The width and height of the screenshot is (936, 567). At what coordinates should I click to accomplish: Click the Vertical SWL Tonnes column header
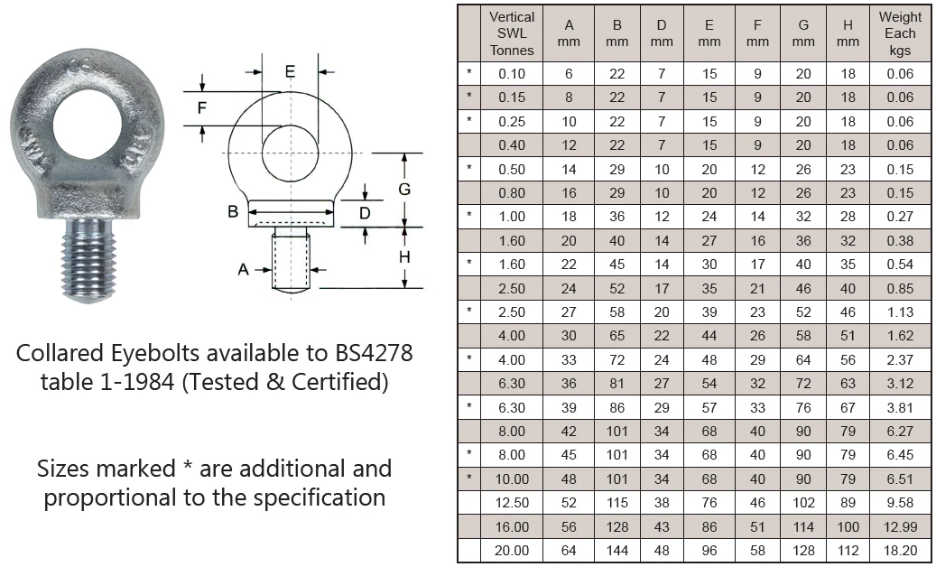pyautogui.click(x=512, y=33)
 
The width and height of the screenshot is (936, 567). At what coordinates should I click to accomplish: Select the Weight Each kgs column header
pyautogui.click(x=900, y=33)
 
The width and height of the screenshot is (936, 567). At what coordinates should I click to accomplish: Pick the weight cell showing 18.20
pyautogui.click(x=900, y=551)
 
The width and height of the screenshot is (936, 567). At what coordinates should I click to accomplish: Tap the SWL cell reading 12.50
pyautogui.click(x=512, y=503)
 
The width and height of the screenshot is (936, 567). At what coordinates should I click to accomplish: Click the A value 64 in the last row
pyautogui.click(x=569, y=551)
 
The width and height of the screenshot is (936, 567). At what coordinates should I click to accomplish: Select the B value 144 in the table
pyautogui.click(x=616, y=551)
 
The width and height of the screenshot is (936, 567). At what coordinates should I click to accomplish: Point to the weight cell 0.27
pyautogui.click(x=900, y=217)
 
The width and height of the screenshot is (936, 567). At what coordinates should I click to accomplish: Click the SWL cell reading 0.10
pyautogui.click(x=512, y=74)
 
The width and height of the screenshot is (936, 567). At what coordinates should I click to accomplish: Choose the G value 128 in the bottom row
pyautogui.click(x=803, y=551)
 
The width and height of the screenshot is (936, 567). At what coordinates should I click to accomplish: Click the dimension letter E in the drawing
pyautogui.click(x=290, y=71)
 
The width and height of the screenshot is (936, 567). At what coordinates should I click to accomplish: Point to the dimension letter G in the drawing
pyautogui.click(x=404, y=189)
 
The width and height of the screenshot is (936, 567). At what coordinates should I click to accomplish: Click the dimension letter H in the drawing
pyautogui.click(x=404, y=257)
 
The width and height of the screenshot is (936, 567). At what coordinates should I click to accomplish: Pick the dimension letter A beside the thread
pyautogui.click(x=243, y=269)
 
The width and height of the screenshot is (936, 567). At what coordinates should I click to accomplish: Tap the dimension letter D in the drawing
pyautogui.click(x=365, y=213)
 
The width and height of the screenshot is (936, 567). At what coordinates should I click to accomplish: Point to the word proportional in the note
pyautogui.click(x=113, y=497)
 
